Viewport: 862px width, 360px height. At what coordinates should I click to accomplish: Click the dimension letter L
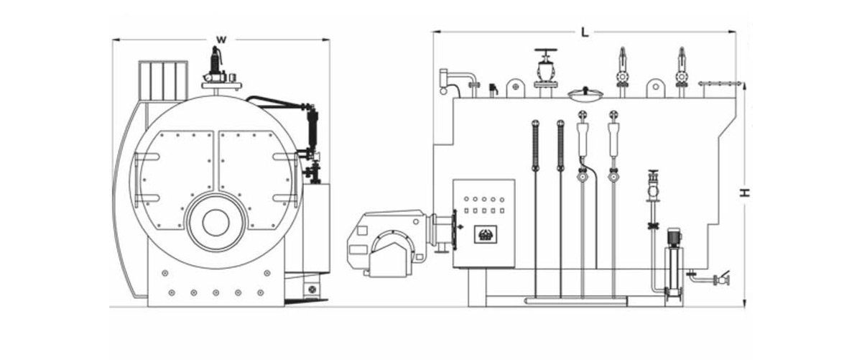coord(585,32)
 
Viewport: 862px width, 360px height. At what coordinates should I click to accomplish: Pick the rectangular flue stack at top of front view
coord(162,80)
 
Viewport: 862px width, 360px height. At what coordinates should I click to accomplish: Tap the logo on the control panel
coord(482,233)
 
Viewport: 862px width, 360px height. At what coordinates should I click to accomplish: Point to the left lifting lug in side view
coord(514,87)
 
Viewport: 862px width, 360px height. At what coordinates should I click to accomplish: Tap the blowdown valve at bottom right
coord(720,279)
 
